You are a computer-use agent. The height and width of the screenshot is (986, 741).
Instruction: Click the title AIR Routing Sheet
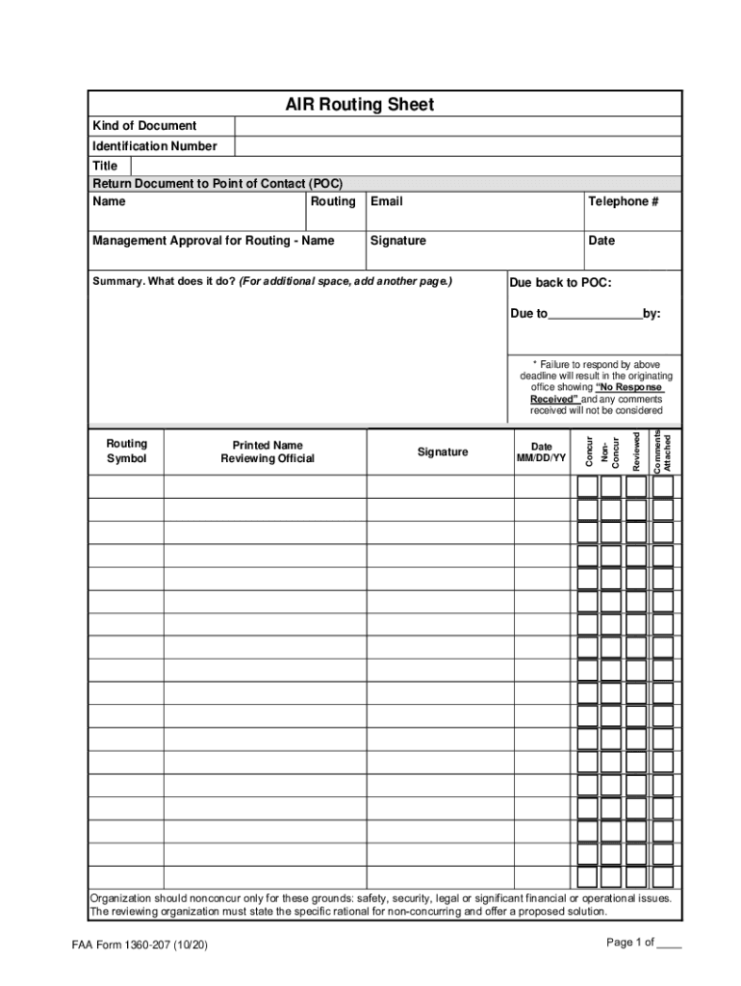click(x=359, y=104)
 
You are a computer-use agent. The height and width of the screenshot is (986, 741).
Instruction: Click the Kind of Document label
click(x=144, y=126)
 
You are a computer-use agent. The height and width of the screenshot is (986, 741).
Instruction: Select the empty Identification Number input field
click(x=457, y=146)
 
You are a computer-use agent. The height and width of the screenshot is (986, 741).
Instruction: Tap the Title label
click(x=105, y=166)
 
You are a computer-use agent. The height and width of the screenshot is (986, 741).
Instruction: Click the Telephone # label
click(x=623, y=201)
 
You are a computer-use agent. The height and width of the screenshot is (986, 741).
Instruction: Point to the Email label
click(x=386, y=201)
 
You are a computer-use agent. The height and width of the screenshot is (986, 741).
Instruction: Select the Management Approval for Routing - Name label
click(x=213, y=241)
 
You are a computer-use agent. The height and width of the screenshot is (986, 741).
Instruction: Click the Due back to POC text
click(x=560, y=283)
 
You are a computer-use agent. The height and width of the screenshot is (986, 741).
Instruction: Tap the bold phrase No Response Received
click(x=596, y=393)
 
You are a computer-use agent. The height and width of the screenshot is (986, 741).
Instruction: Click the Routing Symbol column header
click(x=126, y=451)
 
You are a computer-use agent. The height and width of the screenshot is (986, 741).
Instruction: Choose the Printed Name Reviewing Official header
click(x=267, y=452)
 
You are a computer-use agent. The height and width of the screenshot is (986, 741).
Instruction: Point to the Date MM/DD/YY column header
click(x=542, y=453)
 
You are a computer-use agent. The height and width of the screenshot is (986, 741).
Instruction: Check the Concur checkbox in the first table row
click(x=587, y=486)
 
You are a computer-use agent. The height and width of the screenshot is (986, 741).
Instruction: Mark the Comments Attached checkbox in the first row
click(x=663, y=486)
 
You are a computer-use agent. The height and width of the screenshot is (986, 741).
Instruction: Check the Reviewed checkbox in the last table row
click(x=636, y=877)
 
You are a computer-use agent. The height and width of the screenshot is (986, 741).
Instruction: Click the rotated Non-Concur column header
click(x=610, y=453)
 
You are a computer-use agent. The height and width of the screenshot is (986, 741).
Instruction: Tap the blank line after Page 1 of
click(x=668, y=944)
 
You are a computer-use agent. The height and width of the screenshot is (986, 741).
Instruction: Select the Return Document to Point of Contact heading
click(x=217, y=183)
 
